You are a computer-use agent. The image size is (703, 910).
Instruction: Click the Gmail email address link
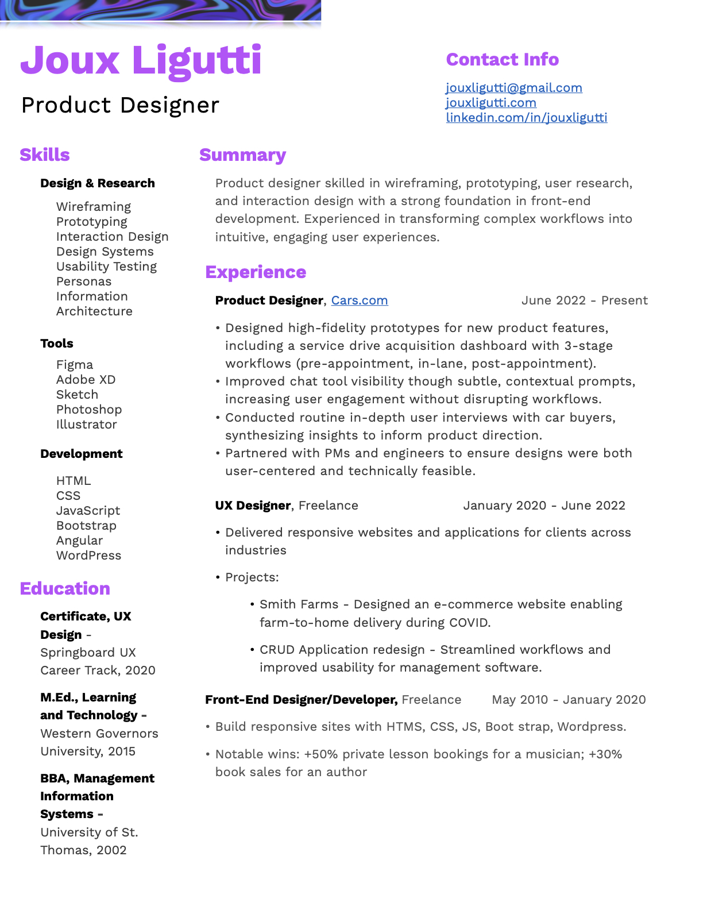(x=513, y=88)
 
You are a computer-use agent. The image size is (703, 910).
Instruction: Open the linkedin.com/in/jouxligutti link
(x=526, y=118)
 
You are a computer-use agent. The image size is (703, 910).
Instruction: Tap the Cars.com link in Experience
(x=359, y=300)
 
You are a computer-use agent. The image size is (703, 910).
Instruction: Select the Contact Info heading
(x=502, y=60)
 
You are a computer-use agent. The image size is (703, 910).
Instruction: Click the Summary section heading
(x=242, y=155)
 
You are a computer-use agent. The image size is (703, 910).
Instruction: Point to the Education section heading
(x=65, y=589)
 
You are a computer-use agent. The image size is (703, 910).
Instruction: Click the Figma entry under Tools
(x=75, y=365)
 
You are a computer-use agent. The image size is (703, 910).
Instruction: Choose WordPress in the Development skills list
(x=88, y=556)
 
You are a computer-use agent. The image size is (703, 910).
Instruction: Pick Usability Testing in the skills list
(x=106, y=267)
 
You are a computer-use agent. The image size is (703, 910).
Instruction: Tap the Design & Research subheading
(x=98, y=183)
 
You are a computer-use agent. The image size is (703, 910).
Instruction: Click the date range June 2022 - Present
(x=584, y=300)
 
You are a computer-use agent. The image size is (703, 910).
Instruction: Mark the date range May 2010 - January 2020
(x=569, y=700)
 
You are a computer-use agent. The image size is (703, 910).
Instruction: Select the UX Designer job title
(x=253, y=506)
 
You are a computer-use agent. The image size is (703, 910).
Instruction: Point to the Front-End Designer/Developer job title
(x=301, y=700)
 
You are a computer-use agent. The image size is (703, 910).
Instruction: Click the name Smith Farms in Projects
(x=299, y=604)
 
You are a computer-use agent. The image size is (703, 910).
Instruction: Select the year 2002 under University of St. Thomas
(x=111, y=850)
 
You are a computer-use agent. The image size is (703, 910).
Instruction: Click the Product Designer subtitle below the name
(x=120, y=105)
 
